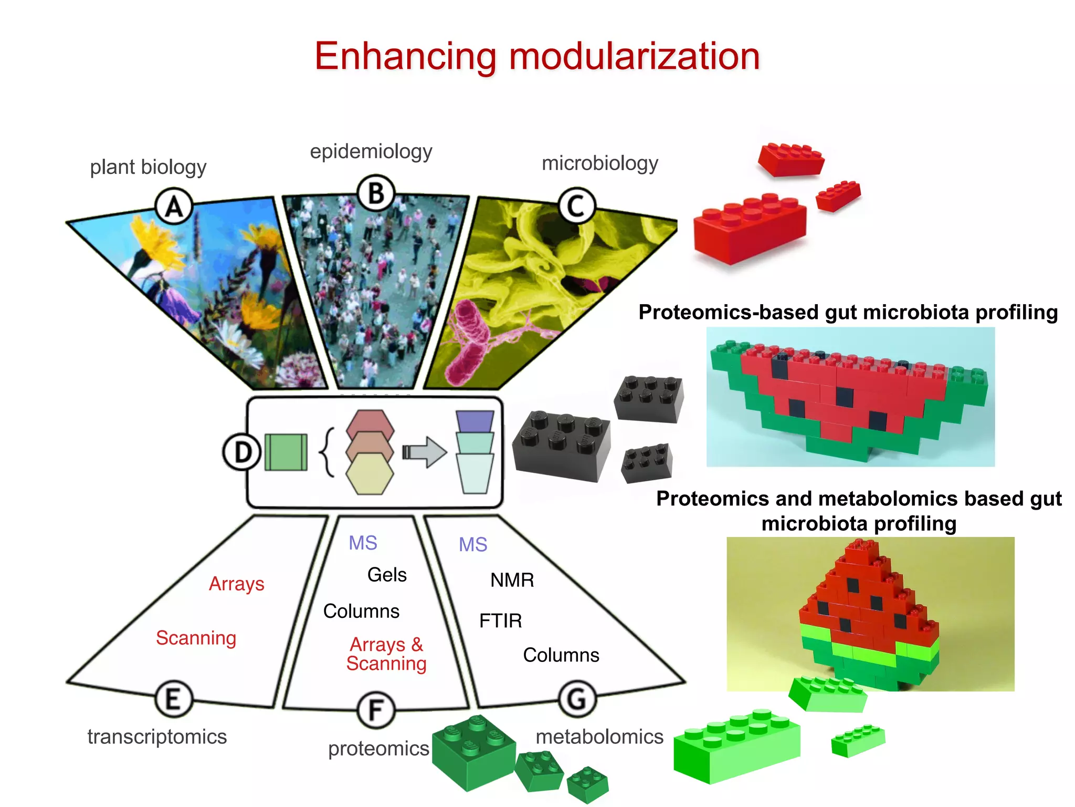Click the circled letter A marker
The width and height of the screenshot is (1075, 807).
click(174, 206)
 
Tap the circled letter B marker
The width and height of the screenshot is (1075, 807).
click(376, 193)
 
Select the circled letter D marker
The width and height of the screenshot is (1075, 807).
click(242, 452)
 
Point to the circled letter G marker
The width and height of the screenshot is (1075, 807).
click(577, 699)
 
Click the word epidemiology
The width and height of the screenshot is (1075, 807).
click(371, 151)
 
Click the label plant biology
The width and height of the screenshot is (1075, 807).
click(148, 167)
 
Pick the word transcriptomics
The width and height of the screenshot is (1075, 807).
click(157, 737)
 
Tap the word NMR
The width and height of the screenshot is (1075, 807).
click(512, 580)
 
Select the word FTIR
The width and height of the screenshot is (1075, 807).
click(500, 621)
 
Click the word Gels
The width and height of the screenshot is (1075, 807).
click(387, 575)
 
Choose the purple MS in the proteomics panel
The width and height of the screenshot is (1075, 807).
click(363, 543)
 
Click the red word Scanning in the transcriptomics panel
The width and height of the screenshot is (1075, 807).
click(196, 638)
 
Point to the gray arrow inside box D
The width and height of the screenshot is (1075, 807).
click(425, 452)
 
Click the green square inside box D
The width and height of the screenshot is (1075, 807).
click(286, 452)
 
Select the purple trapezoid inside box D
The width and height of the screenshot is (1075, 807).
click(475, 421)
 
